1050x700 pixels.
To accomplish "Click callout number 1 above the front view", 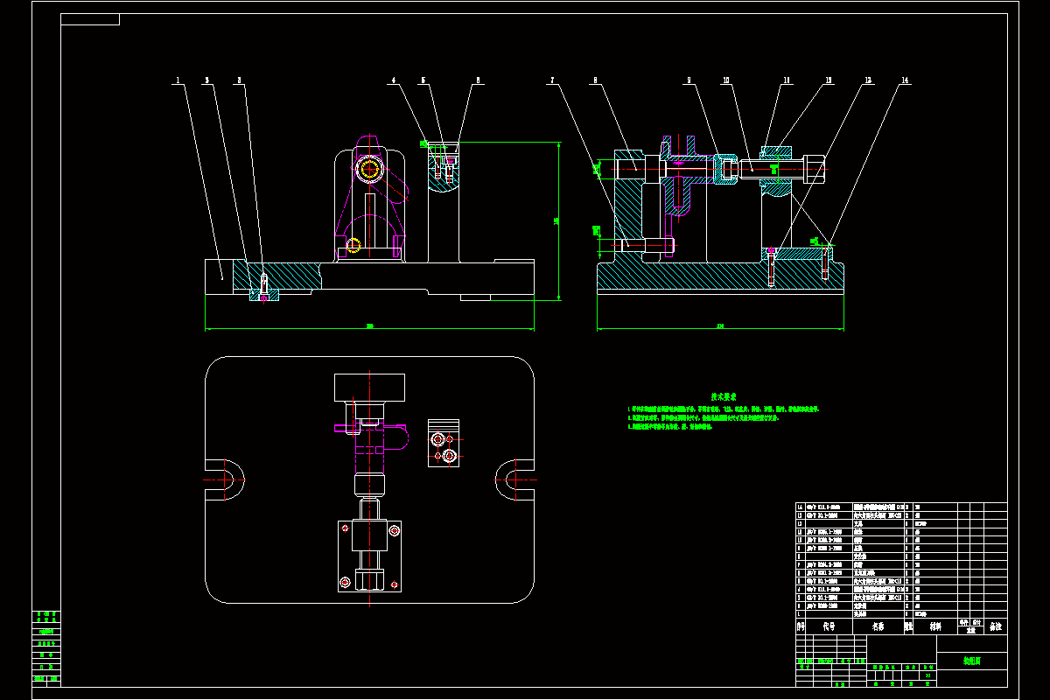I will point(178,80).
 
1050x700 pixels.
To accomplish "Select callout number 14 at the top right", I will point(905,80).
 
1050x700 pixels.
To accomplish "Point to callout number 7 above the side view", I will point(552,80).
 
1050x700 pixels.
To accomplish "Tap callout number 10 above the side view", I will point(725,80).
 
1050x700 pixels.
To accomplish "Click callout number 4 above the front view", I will point(394,80).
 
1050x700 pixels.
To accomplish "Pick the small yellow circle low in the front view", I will point(354,245).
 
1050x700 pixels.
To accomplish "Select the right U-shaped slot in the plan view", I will point(512,479).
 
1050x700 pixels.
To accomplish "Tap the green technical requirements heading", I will point(724,396).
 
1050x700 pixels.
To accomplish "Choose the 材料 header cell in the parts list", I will point(935,626).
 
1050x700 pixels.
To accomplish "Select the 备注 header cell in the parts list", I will point(995,626).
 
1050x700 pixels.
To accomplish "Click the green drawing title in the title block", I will point(971,661).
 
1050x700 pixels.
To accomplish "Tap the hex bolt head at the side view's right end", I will point(813,167).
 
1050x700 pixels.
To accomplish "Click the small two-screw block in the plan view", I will point(444,443).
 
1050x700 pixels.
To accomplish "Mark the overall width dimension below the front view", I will point(369,327).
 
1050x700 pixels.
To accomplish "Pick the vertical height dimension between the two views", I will point(557,220).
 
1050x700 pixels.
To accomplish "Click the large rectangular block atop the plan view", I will point(369,387).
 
